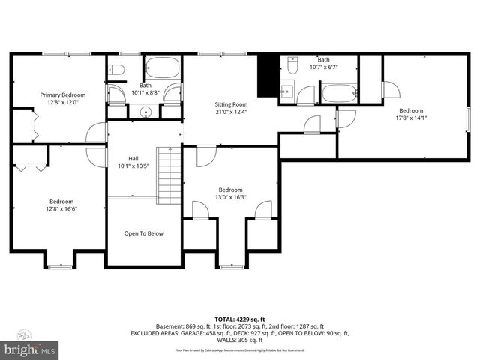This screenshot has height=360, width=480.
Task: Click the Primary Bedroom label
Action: [x=62, y=95]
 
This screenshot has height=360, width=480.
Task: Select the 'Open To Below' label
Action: [x=143, y=233]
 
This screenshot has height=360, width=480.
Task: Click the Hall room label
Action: [x=133, y=158]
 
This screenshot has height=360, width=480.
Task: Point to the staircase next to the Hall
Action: [x=169, y=175]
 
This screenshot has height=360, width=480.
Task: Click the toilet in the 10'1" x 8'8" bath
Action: [x=116, y=70]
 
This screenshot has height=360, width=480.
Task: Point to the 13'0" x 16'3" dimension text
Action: [x=230, y=197]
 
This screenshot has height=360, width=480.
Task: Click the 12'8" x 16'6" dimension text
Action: [x=61, y=209]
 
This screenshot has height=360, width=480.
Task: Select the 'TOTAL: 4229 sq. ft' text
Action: [x=240, y=319]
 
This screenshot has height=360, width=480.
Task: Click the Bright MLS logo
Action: [x=30, y=349]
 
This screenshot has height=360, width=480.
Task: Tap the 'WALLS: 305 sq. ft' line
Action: [x=240, y=340]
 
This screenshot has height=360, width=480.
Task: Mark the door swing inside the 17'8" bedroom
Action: [x=391, y=90]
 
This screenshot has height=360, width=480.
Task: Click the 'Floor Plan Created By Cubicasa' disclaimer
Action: [x=240, y=349]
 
